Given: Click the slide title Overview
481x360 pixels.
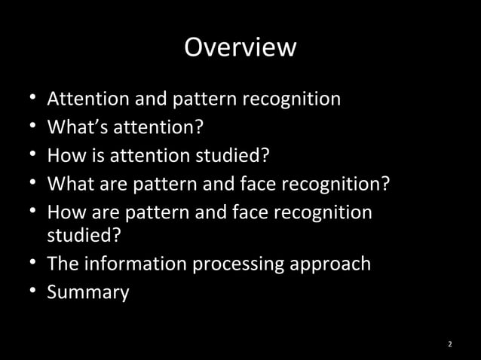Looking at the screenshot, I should pyautogui.click(x=240, y=47).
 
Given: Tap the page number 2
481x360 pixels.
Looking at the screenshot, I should pyautogui.click(x=450, y=345).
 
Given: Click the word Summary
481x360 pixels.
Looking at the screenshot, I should pyautogui.click(x=88, y=292).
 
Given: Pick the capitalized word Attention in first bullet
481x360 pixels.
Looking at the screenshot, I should pyautogui.click(x=85, y=99).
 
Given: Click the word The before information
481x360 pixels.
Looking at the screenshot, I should pyautogui.click(x=63, y=264).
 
